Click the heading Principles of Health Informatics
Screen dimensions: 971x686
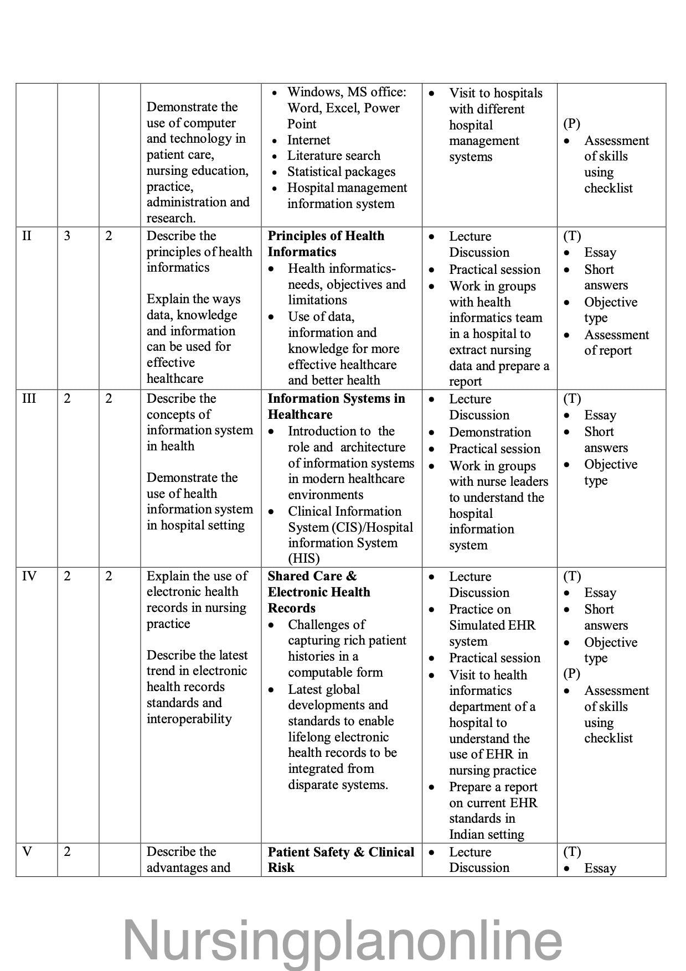(x=326, y=244)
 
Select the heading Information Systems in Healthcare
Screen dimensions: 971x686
(x=336, y=407)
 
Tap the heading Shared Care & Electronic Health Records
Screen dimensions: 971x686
(x=319, y=592)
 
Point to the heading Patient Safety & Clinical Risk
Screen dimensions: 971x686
(x=341, y=860)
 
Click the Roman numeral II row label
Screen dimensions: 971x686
(x=27, y=236)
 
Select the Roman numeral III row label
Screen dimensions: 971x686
(x=29, y=399)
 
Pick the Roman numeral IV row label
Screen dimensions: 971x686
(x=29, y=577)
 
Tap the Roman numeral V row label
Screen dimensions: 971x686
(x=27, y=851)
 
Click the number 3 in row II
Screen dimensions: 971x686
(x=67, y=236)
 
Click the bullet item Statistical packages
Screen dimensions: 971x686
(x=341, y=172)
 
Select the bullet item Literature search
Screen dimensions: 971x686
(x=334, y=156)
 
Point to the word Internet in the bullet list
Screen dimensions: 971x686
(x=308, y=141)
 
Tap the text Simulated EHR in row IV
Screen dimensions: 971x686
(x=492, y=625)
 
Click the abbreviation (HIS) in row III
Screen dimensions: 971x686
(x=304, y=559)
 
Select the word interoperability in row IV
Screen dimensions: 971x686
(x=189, y=719)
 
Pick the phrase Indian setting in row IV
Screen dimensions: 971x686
(x=487, y=834)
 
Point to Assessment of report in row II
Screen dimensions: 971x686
(x=608, y=343)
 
